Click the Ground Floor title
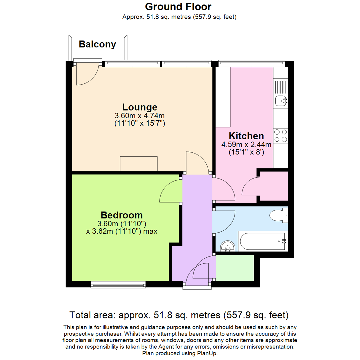point(178,6)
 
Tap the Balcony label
point(97,44)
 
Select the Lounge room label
point(140,107)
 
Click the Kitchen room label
point(246,136)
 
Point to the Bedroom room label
point(122,215)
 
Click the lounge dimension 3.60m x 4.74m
point(140,116)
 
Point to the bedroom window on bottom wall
point(118,284)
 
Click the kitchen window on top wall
point(252,62)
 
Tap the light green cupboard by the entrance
point(235,268)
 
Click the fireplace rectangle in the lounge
point(139,163)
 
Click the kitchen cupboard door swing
point(250,187)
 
